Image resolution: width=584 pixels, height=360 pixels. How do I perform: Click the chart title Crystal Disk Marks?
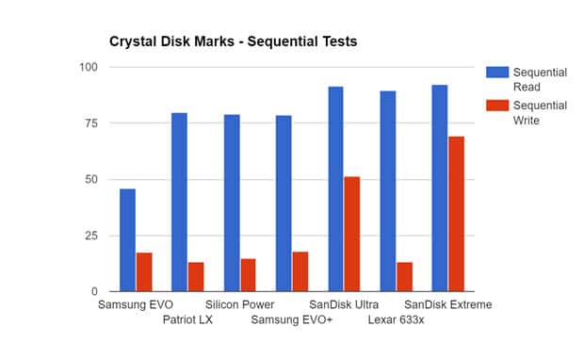[x=231, y=42]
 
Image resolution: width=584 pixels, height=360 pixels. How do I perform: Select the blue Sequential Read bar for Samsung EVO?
[x=127, y=240]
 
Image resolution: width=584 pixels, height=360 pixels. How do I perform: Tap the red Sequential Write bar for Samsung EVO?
[x=144, y=272]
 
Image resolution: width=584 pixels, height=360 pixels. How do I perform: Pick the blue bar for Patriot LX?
[x=179, y=203]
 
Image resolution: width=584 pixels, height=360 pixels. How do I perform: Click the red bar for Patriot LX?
[x=196, y=277]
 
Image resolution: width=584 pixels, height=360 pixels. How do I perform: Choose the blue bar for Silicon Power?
[x=232, y=204]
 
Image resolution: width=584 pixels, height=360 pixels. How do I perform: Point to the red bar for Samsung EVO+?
[x=300, y=272]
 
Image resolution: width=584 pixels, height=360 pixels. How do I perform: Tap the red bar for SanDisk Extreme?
[x=457, y=214]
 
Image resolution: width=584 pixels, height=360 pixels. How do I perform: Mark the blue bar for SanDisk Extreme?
[x=440, y=188]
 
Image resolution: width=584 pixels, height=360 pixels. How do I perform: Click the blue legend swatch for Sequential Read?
[x=496, y=72]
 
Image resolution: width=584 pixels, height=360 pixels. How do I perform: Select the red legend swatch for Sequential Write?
[x=496, y=106]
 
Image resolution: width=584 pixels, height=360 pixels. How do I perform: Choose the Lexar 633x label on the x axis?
[x=396, y=320]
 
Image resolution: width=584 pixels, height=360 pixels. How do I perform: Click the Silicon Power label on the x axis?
[x=240, y=305]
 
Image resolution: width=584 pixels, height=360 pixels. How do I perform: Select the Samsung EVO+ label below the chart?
[x=291, y=320]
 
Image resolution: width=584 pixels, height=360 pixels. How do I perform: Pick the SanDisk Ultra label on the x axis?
[x=345, y=305]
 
